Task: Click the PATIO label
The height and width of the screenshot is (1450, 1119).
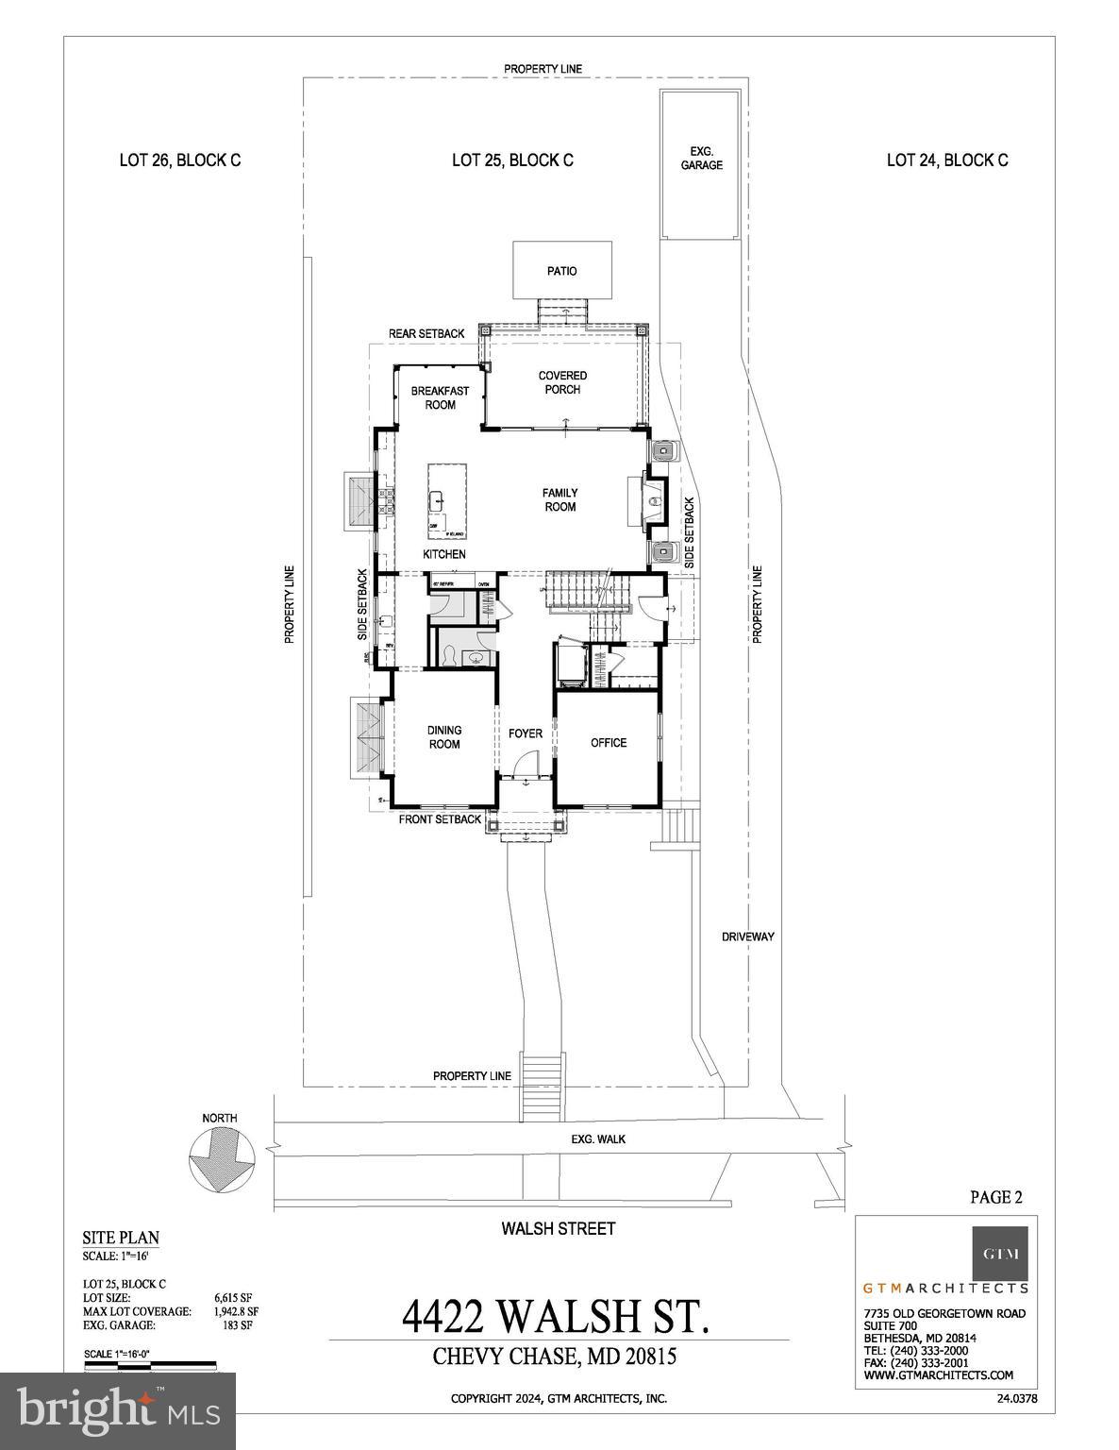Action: (561, 271)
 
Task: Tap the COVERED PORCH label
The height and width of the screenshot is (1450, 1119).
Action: (562, 382)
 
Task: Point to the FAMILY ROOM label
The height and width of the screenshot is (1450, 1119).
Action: (559, 499)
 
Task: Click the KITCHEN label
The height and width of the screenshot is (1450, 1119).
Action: (443, 554)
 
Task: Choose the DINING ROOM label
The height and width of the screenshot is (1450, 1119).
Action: (444, 737)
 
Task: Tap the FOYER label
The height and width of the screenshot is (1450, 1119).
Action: (526, 733)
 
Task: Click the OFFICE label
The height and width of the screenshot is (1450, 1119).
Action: (609, 743)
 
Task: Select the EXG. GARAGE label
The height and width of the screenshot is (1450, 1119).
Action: (701, 158)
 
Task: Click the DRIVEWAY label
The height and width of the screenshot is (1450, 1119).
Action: (747, 936)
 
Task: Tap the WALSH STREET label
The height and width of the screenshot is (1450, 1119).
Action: (559, 1228)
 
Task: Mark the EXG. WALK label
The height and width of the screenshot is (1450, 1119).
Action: (598, 1139)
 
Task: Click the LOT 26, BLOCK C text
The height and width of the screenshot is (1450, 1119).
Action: (179, 160)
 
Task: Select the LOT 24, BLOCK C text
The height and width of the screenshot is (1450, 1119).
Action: (947, 160)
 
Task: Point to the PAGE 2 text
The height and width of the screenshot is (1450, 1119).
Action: (996, 1197)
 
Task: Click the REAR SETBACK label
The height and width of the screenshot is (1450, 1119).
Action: (426, 334)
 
